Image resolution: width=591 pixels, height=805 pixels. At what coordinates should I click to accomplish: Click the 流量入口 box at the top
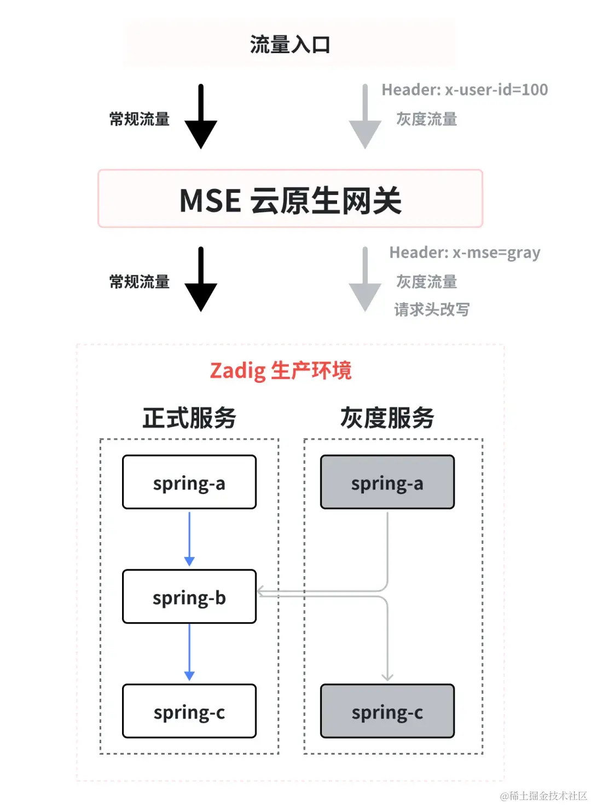pyautogui.click(x=290, y=44)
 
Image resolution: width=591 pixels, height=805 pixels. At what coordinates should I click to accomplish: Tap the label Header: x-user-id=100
pyautogui.click(x=465, y=90)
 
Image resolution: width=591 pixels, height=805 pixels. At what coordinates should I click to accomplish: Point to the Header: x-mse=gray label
pyautogui.click(x=465, y=252)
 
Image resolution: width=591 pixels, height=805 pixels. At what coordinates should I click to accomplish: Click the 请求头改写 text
pyautogui.click(x=432, y=309)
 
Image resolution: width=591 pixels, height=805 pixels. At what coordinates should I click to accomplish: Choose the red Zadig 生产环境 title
pyautogui.click(x=280, y=371)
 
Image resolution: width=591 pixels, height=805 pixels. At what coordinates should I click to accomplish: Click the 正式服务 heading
pyautogui.click(x=189, y=418)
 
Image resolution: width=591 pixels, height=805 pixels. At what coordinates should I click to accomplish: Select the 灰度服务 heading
pyautogui.click(x=387, y=418)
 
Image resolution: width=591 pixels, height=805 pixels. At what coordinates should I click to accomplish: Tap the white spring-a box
pyautogui.click(x=189, y=482)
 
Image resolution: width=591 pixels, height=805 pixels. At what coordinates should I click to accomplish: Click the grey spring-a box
pyautogui.click(x=387, y=482)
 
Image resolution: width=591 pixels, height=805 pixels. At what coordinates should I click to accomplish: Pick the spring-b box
pyautogui.click(x=189, y=597)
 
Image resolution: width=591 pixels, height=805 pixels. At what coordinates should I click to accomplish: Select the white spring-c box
pyautogui.click(x=189, y=711)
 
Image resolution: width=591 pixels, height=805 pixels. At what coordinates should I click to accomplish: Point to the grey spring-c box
pyautogui.click(x=387, y=711)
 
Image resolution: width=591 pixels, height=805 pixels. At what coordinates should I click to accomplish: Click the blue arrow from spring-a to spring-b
pyautogui.click(x=189, y=539)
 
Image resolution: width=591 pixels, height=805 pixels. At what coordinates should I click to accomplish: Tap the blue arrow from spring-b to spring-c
pyautogui.click(x=189, y=653)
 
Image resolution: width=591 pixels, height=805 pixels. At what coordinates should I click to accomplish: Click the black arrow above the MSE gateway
pyautogui.click(x=201, y=118)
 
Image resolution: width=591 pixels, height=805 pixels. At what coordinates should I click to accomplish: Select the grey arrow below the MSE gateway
pyautogui.click(x=365, y=280)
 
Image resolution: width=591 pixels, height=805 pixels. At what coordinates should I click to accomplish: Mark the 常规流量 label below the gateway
pyautogui.click(x=140, y=282)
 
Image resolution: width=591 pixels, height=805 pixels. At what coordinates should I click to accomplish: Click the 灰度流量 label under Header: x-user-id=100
pyautogui.click(x=426, y=119)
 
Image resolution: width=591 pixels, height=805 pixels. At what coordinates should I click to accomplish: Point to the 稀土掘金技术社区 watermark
pyautogui.click(x=544, y=796)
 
